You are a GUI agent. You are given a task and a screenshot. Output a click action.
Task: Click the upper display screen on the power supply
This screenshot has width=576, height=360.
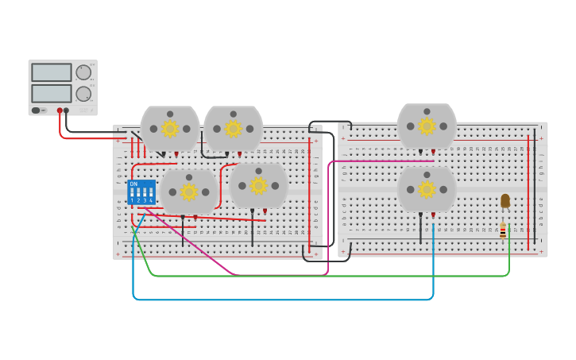click(52, 72)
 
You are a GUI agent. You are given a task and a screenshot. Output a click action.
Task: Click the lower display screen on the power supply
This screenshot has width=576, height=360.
click(52, 93)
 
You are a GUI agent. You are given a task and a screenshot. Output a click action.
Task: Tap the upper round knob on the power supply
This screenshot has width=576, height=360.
click(83, 72)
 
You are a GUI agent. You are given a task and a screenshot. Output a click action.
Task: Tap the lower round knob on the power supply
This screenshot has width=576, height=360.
click(83, 94)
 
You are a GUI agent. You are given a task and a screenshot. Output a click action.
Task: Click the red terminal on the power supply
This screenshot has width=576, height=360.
click(60, 110)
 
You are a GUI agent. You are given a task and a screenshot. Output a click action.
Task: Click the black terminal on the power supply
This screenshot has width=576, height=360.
click(67, 110)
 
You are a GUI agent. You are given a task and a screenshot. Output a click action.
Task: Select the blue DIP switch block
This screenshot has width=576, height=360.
click(141, 192)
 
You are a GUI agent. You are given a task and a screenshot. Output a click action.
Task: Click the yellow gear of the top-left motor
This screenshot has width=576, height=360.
click(170, 128)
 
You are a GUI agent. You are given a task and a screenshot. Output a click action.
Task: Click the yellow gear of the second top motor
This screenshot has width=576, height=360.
click(233, 128)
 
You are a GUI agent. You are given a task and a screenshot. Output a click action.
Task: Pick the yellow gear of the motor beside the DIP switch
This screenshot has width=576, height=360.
click(188, 192)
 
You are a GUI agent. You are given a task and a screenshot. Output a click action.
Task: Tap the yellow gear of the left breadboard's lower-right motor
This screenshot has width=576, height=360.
click(258, 186)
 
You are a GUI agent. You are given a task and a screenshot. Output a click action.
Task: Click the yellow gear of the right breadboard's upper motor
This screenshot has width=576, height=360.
click(427, 126)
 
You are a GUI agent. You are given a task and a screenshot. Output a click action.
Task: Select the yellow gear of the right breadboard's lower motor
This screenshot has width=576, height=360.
click(427, 189)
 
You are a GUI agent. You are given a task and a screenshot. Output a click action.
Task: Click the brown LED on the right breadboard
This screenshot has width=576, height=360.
click(504, 200)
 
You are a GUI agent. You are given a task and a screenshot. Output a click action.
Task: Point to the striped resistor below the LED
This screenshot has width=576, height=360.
click(503, 230)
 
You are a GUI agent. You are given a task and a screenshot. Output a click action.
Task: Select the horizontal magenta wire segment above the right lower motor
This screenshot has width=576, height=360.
click(381, 161)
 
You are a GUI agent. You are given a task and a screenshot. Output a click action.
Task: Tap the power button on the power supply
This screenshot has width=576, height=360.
click(36, 110)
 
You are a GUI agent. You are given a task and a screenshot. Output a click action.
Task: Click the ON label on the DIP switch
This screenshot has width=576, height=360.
click(133, 184)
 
